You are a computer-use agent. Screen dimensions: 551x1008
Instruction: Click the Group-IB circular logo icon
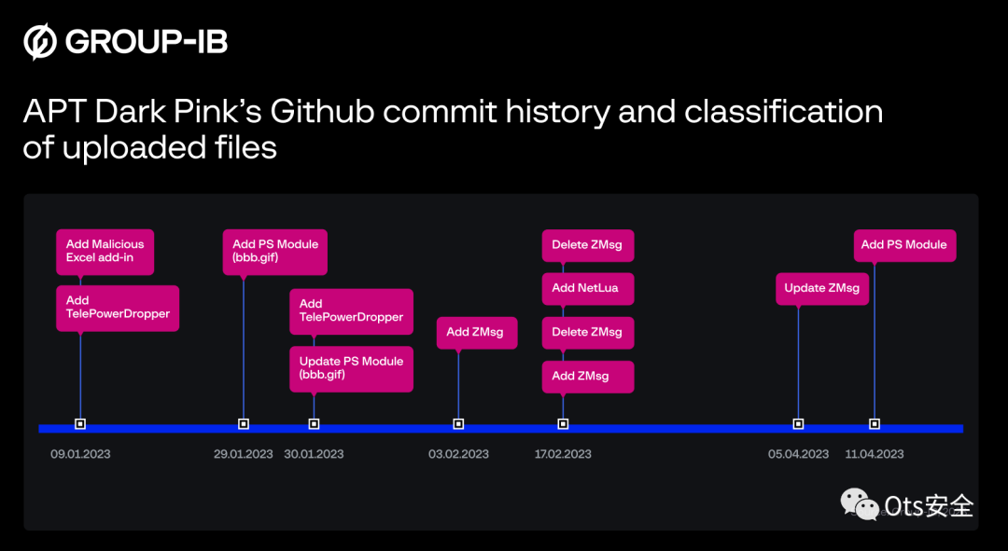point(41,42)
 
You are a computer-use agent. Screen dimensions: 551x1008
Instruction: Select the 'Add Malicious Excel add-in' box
point(105,251)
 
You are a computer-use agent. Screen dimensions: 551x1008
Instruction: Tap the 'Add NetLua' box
point(587,288)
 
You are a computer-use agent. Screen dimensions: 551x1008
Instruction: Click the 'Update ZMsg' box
point(822,288)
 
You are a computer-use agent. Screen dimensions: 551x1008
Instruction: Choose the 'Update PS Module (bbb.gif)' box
point(351,367)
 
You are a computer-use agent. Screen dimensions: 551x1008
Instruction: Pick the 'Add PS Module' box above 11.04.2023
point(904,245)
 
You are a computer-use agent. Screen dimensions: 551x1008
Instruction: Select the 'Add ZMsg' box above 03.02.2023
point(476,332)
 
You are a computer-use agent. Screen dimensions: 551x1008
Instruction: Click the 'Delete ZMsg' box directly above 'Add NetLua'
point(587,245)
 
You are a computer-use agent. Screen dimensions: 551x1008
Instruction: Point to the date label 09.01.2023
point(80,454)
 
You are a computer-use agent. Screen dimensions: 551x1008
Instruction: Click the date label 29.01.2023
point(244,454)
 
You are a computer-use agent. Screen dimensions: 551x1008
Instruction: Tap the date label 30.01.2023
point(314,454)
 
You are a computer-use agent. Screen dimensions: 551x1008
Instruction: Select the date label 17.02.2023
point(563,454)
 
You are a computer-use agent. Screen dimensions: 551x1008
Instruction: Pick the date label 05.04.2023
point(798,454)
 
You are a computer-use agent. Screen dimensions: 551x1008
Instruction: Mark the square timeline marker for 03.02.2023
point(458,423)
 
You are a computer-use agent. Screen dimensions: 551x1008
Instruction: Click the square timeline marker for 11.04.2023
point(875,423)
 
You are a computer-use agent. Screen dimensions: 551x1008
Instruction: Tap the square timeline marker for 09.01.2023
point(80,423)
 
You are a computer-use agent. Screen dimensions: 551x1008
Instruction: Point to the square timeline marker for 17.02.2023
point(563,423)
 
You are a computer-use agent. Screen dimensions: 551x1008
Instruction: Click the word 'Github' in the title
point(323,112)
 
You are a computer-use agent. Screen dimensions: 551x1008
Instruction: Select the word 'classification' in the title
point(784,112)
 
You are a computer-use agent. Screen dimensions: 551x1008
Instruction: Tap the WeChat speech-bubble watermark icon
point(859,503)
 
